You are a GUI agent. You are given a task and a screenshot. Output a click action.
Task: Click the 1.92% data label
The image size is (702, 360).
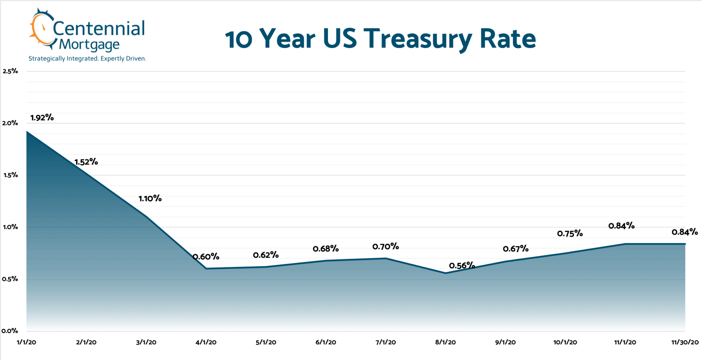pyautogui.click(x=42, y=118)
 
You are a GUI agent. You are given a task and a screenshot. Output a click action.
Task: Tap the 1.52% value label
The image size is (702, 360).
pyautogui.click(x=86, y=162)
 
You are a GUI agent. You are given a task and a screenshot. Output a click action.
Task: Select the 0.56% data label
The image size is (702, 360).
pyautogui.click(x=462, y=265)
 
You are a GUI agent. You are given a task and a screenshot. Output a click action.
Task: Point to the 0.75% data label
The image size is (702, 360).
pyautogui.click(x=570, y=234)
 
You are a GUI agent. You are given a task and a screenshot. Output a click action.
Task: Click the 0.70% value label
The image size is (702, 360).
pyautogui.click(x=385, y=246)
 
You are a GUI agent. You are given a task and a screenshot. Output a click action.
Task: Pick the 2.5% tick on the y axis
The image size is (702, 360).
pyautogui.click(x=10, y=71)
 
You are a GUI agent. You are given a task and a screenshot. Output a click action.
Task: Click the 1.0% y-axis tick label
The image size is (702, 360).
pyautogui.click(x=10, y=227)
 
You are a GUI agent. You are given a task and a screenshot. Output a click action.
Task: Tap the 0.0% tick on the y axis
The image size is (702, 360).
pyautogui.click(x=10, y=331)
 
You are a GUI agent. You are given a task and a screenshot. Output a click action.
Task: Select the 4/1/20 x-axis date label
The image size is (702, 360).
pyautogui.click(x=206, y=342)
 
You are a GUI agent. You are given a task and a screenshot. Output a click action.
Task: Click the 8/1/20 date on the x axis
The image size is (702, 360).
pyautogui.click(x=445, y=342)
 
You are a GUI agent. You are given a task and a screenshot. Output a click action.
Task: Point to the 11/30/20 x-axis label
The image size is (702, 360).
pyautogui.click(x=685, y=342)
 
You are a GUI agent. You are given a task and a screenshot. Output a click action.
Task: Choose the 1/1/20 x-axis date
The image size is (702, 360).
pyautogui.click(x=26, y=342)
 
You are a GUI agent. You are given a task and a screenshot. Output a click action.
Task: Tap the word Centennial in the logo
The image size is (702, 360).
pyautogui.click(x=99, y=28)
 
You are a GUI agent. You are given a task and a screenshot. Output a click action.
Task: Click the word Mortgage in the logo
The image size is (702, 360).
pyautogui.click(x=89, y=45)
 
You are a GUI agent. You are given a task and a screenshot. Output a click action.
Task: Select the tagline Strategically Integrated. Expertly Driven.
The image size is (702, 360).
pyautogui.click(x=87, y=59)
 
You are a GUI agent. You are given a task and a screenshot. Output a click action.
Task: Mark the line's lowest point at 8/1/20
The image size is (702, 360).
pyautogui.click(x=445, y=273)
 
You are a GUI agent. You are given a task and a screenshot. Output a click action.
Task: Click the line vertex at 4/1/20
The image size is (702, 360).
pyautogui.click(x=206, y=269)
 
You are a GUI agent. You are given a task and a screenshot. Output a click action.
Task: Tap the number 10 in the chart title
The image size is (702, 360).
pyautogui.click(x=239, y=40)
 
